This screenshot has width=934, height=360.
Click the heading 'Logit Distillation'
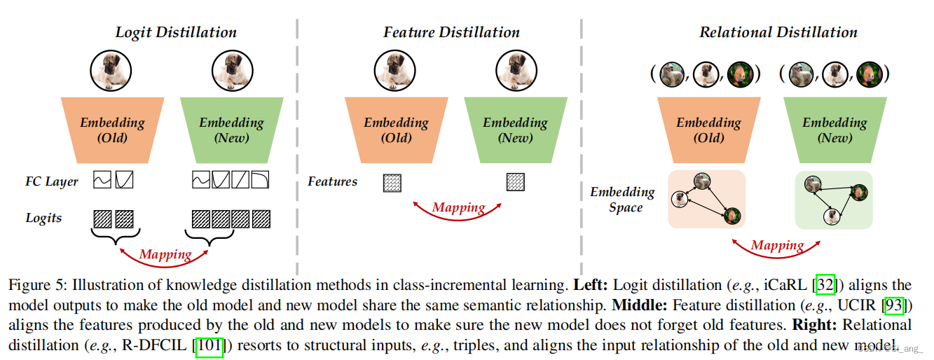pyautogui.click(x=176, y=32)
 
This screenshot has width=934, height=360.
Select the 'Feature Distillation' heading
pyautogui.click(x=451, y=32)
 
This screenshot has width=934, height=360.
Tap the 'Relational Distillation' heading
pyautogui.click(x=778, y=32)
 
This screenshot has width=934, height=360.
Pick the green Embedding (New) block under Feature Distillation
pyautogui.click(x=515, y=130)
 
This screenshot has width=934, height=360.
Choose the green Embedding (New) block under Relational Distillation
pyautogui.click(x=835, y=130)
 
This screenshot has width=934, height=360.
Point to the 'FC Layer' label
pyautogui.click(x=52, y=181)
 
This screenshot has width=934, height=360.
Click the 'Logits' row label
pyautogui.click(x=43, y=218)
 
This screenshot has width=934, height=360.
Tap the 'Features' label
pyautogui.click(x=332, y=181)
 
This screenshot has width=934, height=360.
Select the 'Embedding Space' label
pyautogui.click(x=622, y=199)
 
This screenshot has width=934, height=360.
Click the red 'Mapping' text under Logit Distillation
pyautogui.click(x=165, y=254)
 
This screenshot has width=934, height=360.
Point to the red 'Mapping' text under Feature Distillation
pyautogui.click(x=458, y=207)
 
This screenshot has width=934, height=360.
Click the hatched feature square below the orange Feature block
pyautogui.click(x=392, y=183)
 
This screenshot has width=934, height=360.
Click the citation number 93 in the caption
pyautogui.click(x=893, y=305)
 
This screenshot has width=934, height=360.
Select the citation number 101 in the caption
pyautogui.click(x=210, y=346)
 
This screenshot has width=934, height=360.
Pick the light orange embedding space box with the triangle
pyautogui.click(x=706, y=199)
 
